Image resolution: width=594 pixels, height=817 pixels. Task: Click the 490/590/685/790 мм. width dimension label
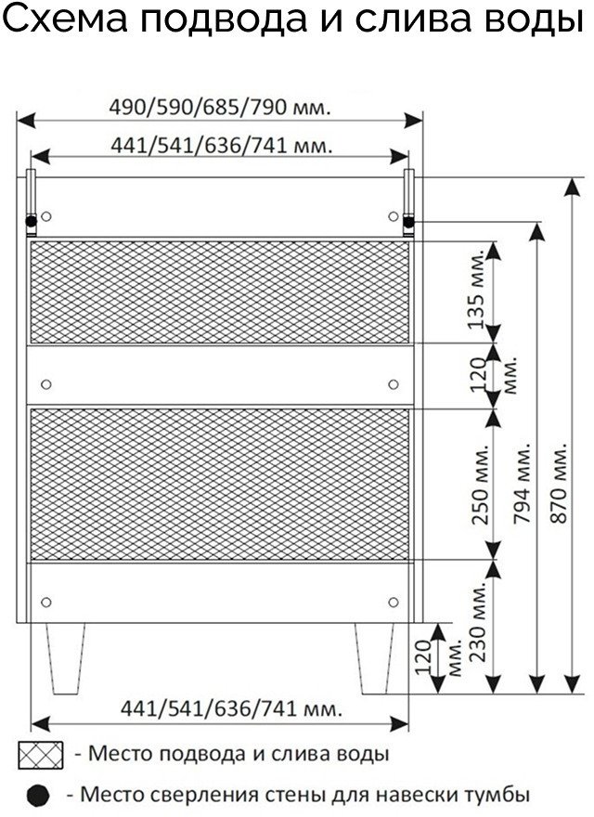[220, 108]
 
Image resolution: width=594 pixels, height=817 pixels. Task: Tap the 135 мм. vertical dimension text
[477, 291]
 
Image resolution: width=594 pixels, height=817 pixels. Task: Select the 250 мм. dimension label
[480, 485]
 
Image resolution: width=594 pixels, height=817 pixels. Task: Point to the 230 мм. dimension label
[477, 623]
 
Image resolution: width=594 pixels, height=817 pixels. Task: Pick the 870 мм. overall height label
[559, 484]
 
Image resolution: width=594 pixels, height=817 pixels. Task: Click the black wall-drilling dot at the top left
[32, 222]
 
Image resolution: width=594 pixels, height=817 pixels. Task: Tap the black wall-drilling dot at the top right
[409, 222]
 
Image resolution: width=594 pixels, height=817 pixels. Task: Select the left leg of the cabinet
[66, 658]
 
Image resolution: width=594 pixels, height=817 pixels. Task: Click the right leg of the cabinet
[375, 658]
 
